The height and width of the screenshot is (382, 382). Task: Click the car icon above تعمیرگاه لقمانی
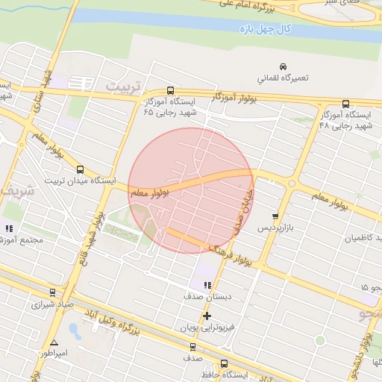click(282, 66)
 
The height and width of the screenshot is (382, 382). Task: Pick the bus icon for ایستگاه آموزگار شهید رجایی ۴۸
click(345, 104)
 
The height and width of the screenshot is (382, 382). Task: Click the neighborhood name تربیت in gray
click(122, 86)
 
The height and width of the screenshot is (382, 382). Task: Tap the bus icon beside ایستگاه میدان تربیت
click(80, 169)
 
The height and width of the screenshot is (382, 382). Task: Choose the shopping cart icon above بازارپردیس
click(275, 216)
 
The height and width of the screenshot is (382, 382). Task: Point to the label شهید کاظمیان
click(361, 238)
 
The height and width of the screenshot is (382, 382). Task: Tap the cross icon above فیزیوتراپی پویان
click(207, 316)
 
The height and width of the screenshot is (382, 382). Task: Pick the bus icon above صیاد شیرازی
click(51, 292)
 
